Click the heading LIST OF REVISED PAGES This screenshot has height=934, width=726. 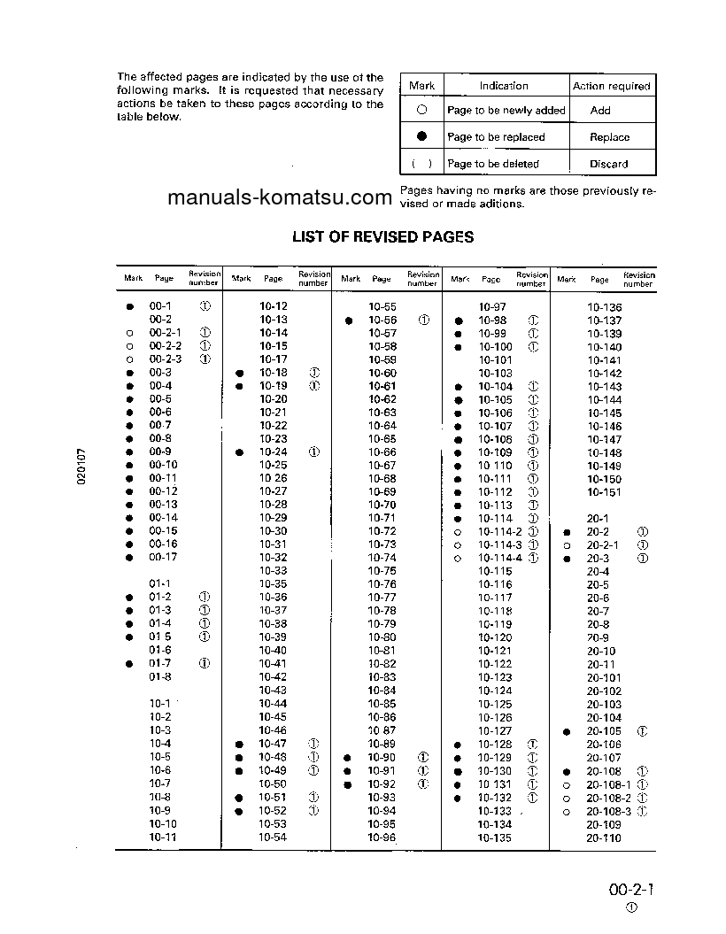pyautogui.click(x=382, y=237)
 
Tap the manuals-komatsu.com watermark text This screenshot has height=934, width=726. pyautogui.click(x=279, y=197)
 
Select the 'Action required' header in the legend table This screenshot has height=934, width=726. pyautogui.click(x=611, y=86)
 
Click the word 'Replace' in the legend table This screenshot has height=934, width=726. pyautogui.click(x=609, y=137)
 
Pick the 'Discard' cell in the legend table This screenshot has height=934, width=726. pyautogui.click(x=609, y=164)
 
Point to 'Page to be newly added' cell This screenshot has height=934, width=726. pyautogui.click(x=506, y=111)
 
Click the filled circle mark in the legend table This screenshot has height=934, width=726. pyautogui.click(x=422, y=136)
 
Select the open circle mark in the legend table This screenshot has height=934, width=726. pyautogui.click(x=422, y=111)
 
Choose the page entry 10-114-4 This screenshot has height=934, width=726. pyautogui.click(x=500, y=558)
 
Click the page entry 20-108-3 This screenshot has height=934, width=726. pyautogui.click(x=608, y=811)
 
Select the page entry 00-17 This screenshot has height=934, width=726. pyautogui.click(x=163, y=558)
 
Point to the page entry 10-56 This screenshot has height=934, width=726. pyautogui.click(x=382, y=320)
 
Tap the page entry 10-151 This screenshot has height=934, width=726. pyautogui.click(x=605, y=492)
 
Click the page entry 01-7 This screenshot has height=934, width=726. pyautogui.click(x=160, y=663)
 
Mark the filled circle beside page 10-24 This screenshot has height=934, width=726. pyautogui.click(x=239, y=452)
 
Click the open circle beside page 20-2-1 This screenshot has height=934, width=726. pyautogui.click(x=567, y=545)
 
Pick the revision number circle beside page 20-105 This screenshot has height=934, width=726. pyautogui.click(x=642, y=731)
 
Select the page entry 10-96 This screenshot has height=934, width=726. pyautogui.click(x=382, y=838)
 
